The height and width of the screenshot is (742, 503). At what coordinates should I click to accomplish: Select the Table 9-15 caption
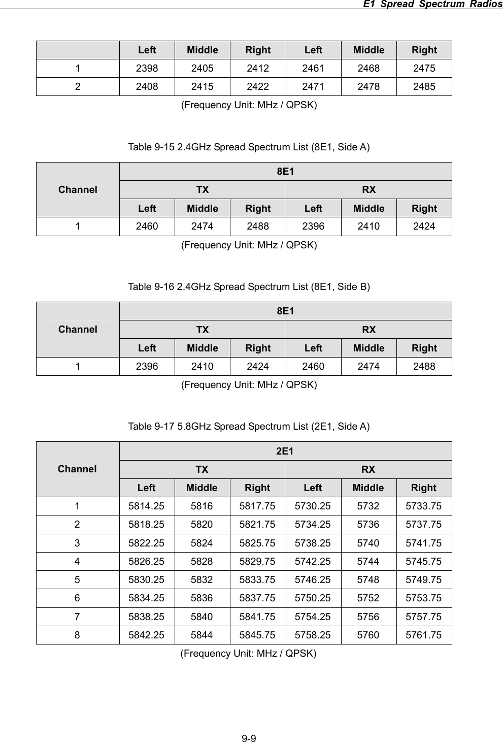(x=249, y=147)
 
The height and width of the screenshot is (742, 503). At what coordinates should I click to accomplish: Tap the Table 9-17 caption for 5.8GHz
(x=249, y=426)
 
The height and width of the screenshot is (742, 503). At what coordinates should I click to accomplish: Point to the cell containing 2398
(x=147, y=68)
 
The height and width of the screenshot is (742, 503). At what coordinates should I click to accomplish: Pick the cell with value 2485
(x=424, y=86)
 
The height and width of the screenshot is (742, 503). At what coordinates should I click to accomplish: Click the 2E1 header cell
(x=285, y=450)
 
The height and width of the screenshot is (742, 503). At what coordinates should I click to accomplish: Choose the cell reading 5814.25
(x=147, y=506)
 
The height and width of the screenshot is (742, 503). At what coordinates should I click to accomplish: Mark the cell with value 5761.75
(x=424, y=635)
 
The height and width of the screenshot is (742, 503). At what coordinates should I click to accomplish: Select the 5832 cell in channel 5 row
(x=202, y=579)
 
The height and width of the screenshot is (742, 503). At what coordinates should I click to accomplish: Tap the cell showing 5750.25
(x=313, y=598)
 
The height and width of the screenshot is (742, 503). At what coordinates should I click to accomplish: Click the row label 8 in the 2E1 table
(x=77, y=635)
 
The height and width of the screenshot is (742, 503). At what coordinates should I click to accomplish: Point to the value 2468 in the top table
(x=368, y=68)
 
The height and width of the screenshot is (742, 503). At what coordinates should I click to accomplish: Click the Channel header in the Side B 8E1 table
(x=78, y=329)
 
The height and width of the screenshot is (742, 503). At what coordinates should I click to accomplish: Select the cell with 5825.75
(x=258, y=543)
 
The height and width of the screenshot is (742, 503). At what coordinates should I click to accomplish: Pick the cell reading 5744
(x=368, y=561)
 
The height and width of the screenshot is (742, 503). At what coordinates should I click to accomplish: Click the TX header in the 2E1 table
(x=202, y=469)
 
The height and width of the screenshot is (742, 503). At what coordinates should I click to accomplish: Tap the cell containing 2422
(x=258, y=86)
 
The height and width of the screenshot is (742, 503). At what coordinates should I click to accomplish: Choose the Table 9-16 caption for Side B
(x=249, y=287)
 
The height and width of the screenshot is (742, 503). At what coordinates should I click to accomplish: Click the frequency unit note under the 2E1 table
(x=249, y=653)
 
